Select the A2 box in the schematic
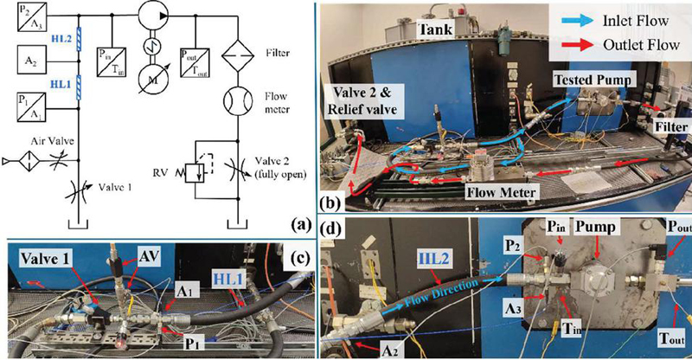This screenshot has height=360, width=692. coord(30,61)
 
